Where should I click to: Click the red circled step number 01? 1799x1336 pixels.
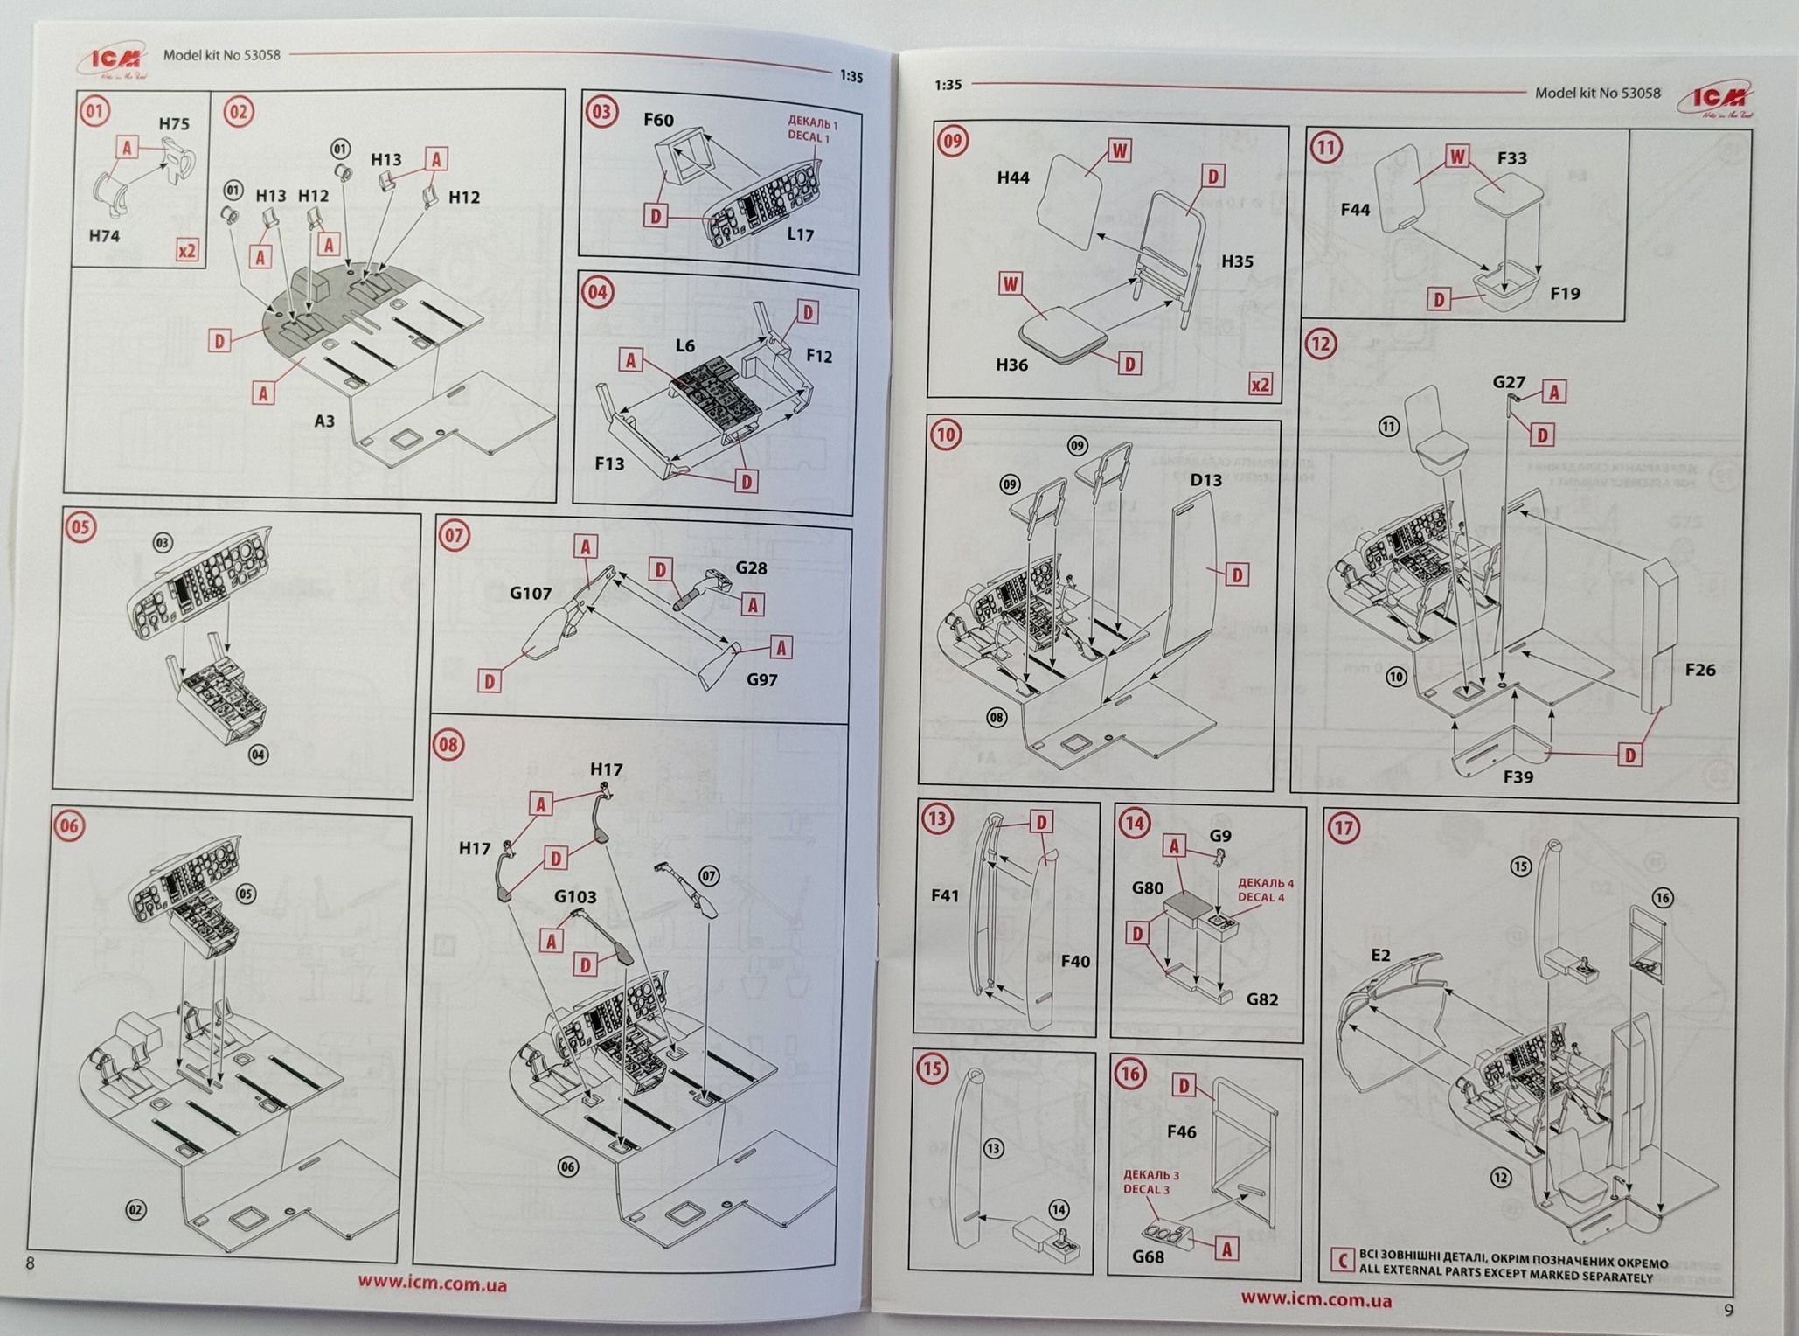point(94,112)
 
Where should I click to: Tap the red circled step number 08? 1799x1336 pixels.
point(448,744)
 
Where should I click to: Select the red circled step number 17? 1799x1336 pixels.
point(1344,827)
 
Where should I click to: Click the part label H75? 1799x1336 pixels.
point(174,124)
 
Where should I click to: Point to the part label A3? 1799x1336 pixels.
point(324,421)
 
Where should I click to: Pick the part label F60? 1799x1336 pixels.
point(658,120)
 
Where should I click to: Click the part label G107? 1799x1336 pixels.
point(531,594)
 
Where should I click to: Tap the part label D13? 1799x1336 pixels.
point(1206,479)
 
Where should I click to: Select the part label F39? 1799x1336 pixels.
point(1518,776)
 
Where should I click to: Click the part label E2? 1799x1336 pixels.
point(1379,955)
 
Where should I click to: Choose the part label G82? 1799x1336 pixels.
point(1261,999)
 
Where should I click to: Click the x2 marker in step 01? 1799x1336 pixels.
point(187,251)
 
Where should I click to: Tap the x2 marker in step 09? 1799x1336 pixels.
point(1260,385)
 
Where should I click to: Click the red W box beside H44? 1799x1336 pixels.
point(1119,150)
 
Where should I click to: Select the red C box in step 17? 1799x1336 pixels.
point(1342,1260)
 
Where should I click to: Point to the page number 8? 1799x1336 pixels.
point(31,1263)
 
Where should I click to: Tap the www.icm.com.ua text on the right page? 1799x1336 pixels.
point(1316,1299)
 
